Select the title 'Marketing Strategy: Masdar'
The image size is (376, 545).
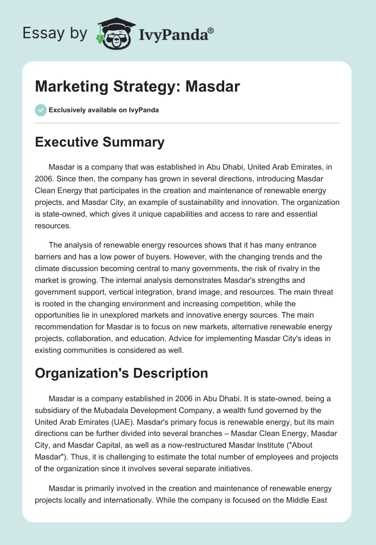point(137,86)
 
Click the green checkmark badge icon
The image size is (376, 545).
point(40,110)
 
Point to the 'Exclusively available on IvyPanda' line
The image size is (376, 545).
point(103,110)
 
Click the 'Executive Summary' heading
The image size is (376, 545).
point(100,142)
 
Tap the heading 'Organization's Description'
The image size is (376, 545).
point(121,373)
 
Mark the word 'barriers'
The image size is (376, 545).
point(49,257)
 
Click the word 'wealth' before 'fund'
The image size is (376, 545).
point(233,411)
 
